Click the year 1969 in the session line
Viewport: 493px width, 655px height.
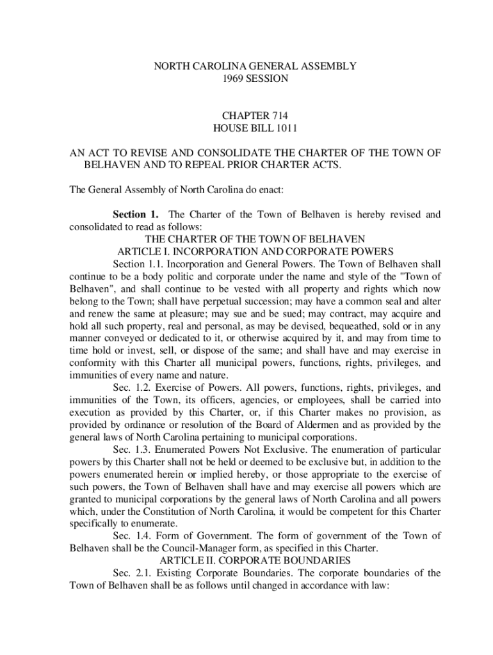pyautogui.click(x=234, y=79)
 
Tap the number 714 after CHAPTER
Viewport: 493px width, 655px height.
pyautogui.click(x=277, y=116)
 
